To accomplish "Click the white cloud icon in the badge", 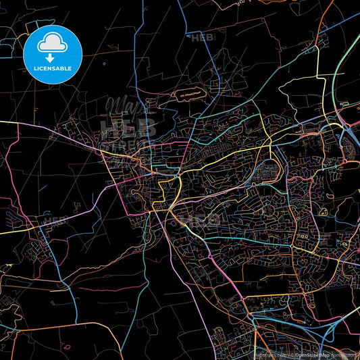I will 53,44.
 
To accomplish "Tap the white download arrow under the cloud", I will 53,55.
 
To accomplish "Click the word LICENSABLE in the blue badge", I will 53,68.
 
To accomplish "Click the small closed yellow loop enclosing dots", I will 322,212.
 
